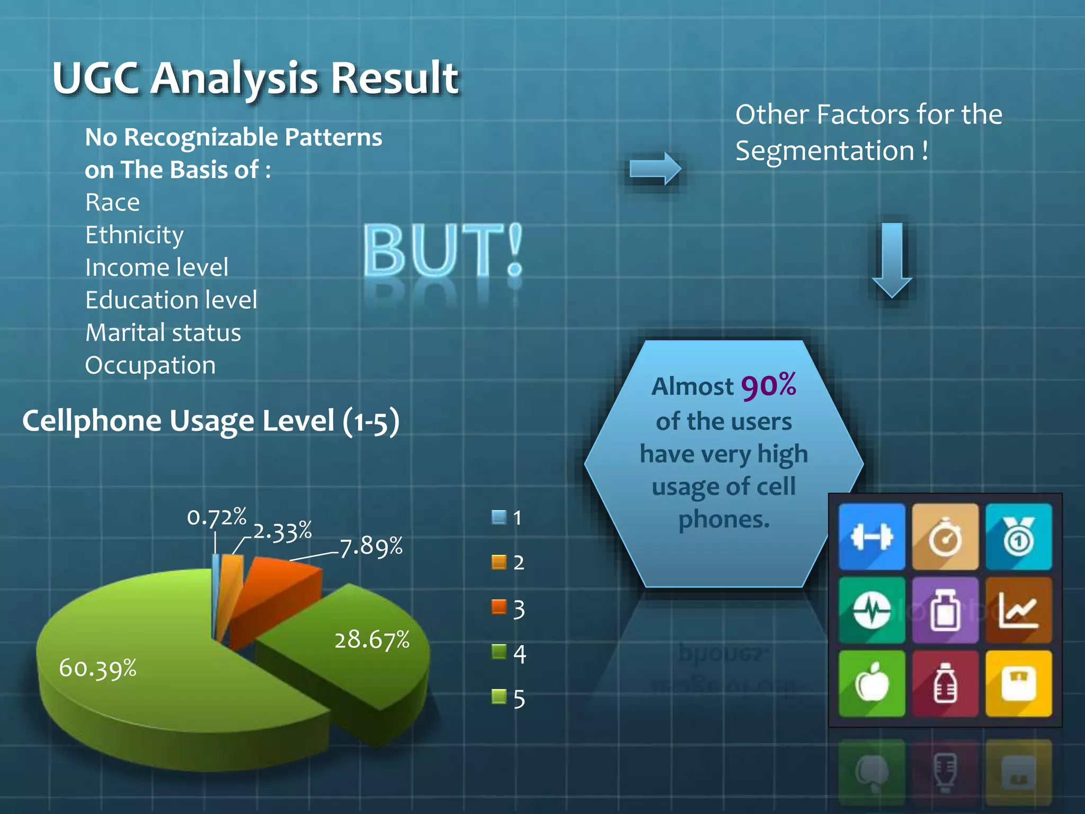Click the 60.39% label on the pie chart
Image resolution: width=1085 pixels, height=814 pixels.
98,668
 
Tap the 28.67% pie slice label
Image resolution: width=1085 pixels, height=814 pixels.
372,640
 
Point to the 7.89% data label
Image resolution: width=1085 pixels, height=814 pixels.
371,546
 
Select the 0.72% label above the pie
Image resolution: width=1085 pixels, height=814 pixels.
217,517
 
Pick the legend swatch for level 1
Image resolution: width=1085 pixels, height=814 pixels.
499,517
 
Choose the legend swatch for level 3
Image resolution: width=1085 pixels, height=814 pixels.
499,607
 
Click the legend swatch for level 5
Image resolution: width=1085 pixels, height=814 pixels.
499,696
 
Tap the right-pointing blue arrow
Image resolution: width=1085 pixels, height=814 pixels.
655,169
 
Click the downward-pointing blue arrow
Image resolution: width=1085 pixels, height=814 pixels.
892,260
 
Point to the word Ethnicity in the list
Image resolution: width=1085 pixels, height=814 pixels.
135,235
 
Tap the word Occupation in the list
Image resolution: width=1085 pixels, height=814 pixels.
150,365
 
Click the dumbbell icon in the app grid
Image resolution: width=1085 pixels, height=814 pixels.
871,537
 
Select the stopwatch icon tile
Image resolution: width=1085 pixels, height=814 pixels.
945,537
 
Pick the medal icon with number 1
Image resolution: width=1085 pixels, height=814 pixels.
1018,537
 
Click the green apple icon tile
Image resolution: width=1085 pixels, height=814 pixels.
871,684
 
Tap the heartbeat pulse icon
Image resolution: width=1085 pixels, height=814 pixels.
871,610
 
